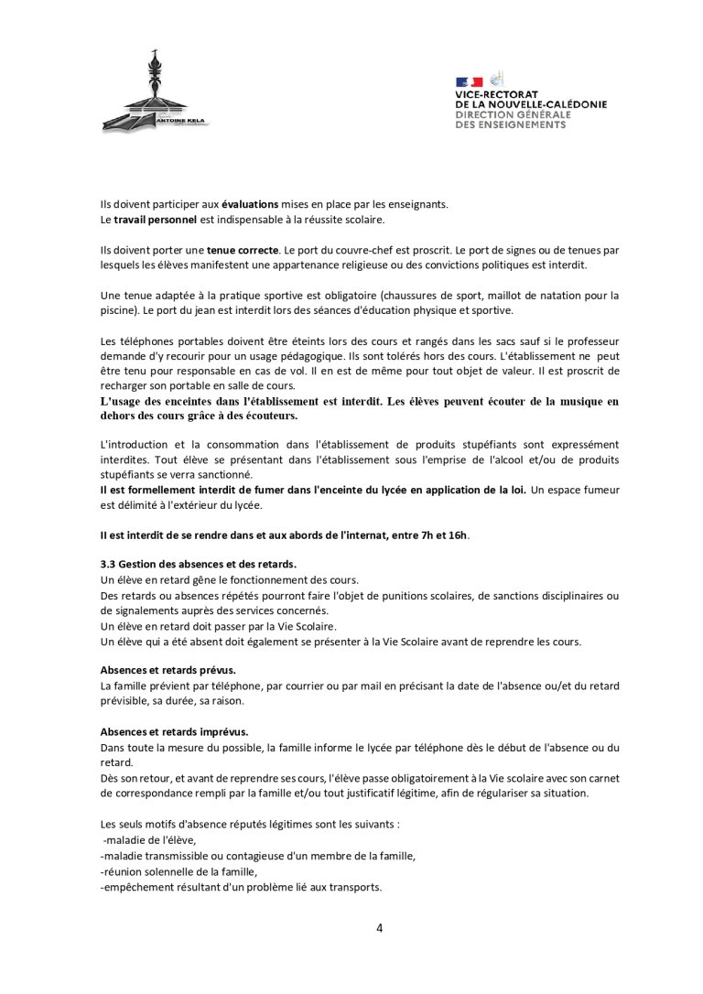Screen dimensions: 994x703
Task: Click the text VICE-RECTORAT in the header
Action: (496, 94)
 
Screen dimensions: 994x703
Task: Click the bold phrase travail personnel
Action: (147, 220)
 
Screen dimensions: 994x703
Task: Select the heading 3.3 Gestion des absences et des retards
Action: (198, 565)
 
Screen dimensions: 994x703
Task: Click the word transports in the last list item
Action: (351, 887)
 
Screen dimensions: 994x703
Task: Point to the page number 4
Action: (379, 928)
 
